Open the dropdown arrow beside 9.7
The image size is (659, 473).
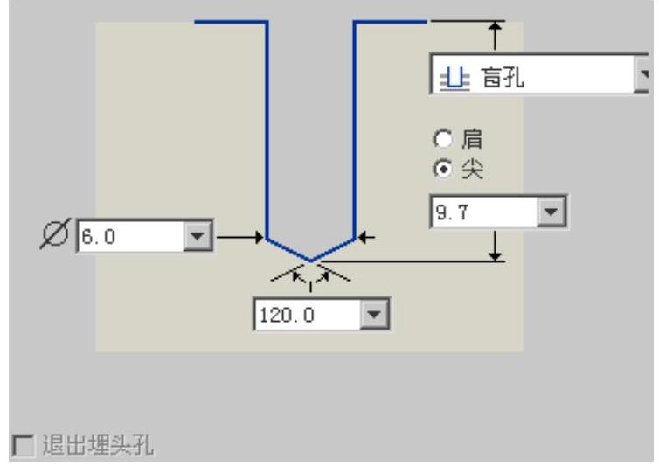[550, 212]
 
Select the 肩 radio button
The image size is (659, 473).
[444, 139]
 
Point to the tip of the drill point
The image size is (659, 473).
[310, 260]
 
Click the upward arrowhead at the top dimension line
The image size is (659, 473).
[496, 28]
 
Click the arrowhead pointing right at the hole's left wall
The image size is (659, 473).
[260, 236]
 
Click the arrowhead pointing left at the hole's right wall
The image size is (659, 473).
[364, 236]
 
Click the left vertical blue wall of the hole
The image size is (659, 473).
[267, 131]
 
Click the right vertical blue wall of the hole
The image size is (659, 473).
[354, 131]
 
